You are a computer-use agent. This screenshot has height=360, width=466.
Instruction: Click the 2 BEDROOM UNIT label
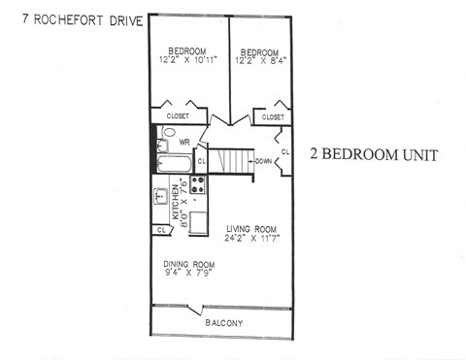pyautogui.click(x=374, y=155)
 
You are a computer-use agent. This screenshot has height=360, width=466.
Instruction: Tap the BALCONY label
pyautogui.click(x=222, y=322)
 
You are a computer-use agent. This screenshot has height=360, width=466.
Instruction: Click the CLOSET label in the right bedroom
pyautogui.click(x=269, y=117)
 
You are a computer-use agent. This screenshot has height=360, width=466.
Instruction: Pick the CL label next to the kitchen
pyautogui.click(x=159, y=230)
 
